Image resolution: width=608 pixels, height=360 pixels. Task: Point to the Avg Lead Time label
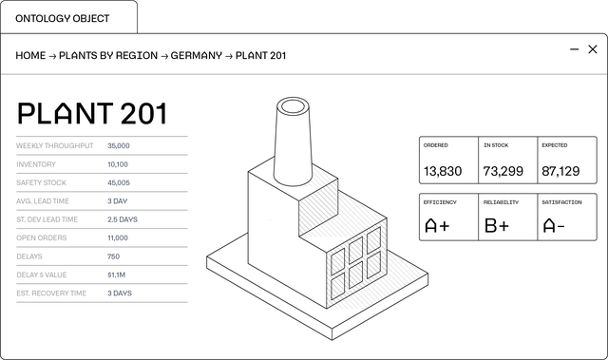tap(45, 200)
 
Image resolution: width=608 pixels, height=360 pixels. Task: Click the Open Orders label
tap(42, 237)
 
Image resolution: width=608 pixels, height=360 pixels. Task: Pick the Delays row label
tap(30, 256)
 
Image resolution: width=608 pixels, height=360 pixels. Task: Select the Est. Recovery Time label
tap(52, 293)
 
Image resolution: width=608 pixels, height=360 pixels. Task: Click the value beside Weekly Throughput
tap(119, 145)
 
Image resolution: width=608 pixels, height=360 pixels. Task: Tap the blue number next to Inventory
tap(118, 163)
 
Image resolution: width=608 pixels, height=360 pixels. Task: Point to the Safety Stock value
tap(119, 181)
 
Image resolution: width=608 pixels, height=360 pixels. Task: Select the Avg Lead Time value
tap(118, 200)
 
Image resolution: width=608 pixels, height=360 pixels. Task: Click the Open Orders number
tap(118, 237)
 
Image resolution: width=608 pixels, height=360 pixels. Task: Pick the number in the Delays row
tap(113, 256)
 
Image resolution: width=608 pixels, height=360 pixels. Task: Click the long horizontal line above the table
tap(304, 74)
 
